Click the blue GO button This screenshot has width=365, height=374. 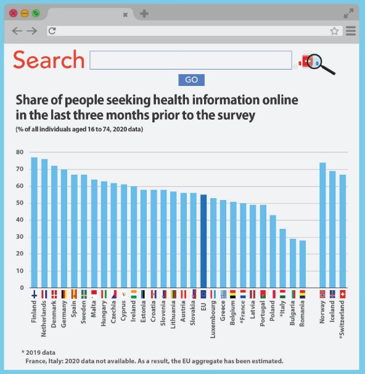pyautogui.click(x=191, y=80)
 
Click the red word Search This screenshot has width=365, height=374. pyautogui.click(x=49, y=60)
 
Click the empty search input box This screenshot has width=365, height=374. pyautogui.click(x=191, y=60)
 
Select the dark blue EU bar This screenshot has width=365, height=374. pyautogui.click(x=203, y=241)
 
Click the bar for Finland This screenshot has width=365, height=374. pyautogui.click(x=35, y=222)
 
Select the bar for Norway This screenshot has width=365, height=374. pyautogui.click(x=322, y=225)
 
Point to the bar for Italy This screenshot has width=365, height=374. pyautogui.click(x=282, y=258)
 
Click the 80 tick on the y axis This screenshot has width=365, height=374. pyautogui.click(x=19, y=152)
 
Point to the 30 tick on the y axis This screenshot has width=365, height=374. pyautogui.click(x=19, y=237)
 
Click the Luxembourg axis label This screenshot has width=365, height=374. pyautogui.click(x=213, y=319)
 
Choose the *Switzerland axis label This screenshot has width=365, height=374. pyautogui.click(x=342, y=320)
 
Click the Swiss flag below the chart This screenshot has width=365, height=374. pyautogui.click(x=342, y=294)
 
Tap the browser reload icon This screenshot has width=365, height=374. pyautogui.click(x=52, y=31)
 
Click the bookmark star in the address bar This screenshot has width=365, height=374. pyautogui.click(x=334, y=31)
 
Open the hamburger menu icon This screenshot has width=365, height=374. pyautogui.click(x=351, y=31)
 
